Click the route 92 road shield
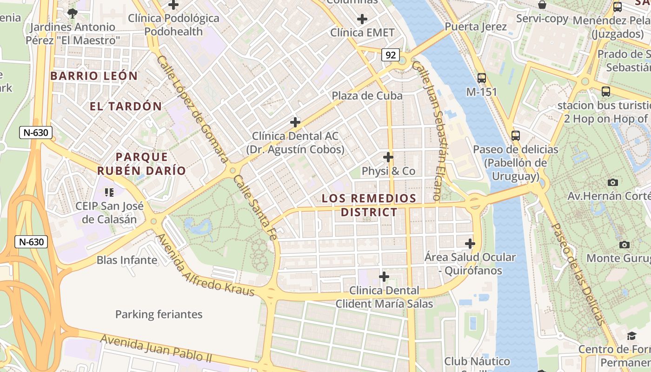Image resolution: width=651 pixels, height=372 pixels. point(391,55)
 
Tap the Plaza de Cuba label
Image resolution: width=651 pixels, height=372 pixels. point(367,96)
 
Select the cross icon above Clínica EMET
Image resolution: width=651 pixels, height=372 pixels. point(362,19)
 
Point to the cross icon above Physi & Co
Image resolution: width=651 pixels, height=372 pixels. point(388,157)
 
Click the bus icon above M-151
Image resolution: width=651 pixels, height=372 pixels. point(482,78)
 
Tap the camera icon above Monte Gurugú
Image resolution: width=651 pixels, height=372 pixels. point(624,245)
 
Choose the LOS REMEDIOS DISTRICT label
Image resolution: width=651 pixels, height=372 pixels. point(369,206)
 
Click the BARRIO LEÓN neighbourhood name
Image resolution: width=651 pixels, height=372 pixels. point(94,76)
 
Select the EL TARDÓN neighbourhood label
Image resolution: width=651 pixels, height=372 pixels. point(126,106)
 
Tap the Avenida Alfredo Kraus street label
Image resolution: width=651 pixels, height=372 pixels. point(205,265)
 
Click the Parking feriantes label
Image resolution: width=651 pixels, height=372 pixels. point(159,314)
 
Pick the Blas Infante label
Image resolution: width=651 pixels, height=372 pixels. point(127,260)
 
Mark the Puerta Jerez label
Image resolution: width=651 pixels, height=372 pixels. point(476,27)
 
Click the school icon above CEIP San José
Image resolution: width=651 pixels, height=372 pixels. point(109,192)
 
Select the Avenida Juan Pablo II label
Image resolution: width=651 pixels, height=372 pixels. point(156,349)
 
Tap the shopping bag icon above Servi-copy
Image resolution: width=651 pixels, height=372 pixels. point(542,5)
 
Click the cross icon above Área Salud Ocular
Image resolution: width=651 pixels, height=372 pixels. point(470,243)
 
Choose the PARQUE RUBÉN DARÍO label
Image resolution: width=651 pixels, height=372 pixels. point(141,164)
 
